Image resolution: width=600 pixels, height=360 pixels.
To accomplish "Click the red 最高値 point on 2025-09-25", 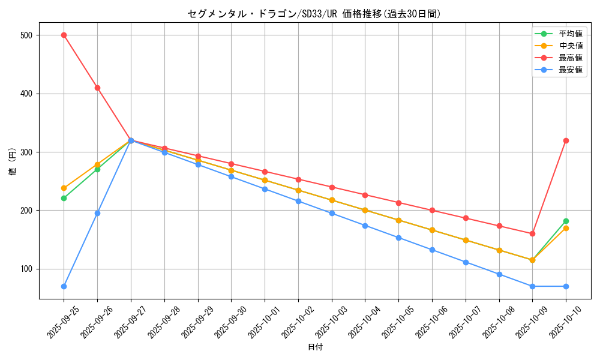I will click(64, 35).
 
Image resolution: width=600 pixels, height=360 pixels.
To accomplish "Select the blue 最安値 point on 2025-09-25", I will click(64, 286).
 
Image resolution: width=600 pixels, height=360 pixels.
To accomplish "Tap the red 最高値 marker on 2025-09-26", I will click(97, 88).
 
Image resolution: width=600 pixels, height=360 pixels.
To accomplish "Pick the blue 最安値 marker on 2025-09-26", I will click(97, 213).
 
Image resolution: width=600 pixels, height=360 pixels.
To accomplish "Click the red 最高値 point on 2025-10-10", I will click(566, 140).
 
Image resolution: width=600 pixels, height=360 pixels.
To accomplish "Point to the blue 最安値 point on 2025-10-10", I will click(566, 286).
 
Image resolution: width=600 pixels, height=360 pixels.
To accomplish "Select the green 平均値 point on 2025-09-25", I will click(64, 198).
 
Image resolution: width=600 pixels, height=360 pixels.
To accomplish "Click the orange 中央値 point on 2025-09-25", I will click(64, 188).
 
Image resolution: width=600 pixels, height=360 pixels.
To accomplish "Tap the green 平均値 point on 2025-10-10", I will click(566, 221).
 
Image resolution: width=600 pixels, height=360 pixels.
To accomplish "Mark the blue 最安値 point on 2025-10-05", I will click(398, 238).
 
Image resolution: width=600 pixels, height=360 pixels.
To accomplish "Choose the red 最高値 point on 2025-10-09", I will click(532, 233).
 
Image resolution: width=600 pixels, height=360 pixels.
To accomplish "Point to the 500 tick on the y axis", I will click(26, 35).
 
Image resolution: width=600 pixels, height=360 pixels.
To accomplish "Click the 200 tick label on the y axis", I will click(26, 211).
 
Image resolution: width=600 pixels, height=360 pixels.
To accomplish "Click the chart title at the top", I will click(314, 14).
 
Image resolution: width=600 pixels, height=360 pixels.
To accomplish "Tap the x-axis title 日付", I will click(315, 347).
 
